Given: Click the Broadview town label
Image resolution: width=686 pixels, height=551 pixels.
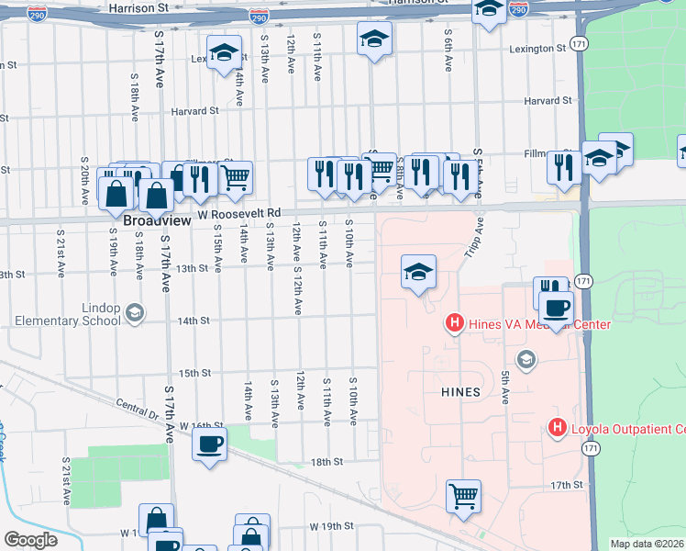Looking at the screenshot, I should [x=151, y=221].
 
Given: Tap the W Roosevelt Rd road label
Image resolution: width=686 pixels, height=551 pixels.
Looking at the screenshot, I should [x=238, y=213].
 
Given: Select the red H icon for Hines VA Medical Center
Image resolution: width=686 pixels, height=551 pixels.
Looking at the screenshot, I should [x=453, y=322].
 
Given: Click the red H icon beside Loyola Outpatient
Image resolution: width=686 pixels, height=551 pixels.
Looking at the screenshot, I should [x=556, y=427].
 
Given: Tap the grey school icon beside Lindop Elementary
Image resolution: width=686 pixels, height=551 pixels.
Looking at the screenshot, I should [x=135, y=314].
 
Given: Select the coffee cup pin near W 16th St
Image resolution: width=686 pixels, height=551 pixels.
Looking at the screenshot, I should [x=209, y=446].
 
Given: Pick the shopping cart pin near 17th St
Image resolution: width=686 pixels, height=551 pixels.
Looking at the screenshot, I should [x=464, y=496].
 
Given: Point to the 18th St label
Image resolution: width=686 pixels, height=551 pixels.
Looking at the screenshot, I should [x=326, y=462].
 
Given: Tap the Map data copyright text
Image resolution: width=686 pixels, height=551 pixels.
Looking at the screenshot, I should [x=647, y=544].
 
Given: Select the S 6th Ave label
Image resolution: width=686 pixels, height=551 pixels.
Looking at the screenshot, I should [x=448, y=51].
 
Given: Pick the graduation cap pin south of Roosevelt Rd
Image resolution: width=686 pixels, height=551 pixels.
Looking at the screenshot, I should [x=418, y=272].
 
